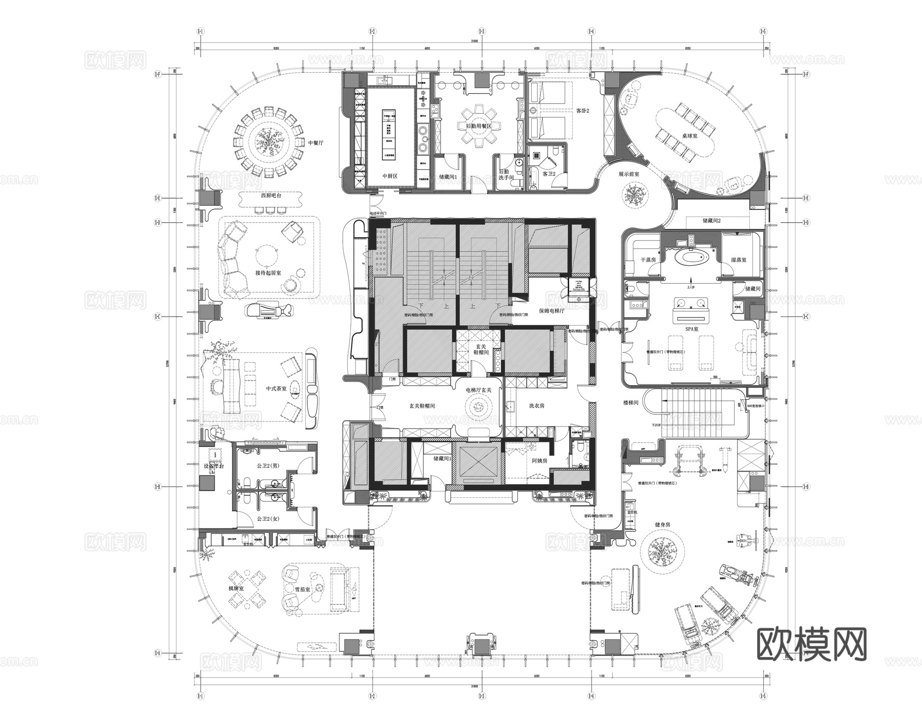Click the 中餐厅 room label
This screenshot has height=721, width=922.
click(x=316, y=143)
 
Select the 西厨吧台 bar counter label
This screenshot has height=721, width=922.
click(x=271, y=196)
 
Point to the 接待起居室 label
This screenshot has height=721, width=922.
click(x=268, y=273)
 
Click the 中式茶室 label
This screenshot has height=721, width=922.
click(x=276, y=389)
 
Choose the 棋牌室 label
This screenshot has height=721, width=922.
click(x=236, y=589)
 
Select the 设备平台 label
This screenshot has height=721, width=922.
click(x=214, y=466)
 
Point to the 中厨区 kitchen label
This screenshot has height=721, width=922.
click(x=390, y=176)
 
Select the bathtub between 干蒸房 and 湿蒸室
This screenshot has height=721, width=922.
click(x=691, y=257)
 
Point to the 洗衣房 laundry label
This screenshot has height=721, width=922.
click(x=536, y=406)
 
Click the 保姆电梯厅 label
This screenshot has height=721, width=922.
click(x=551, y=310)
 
